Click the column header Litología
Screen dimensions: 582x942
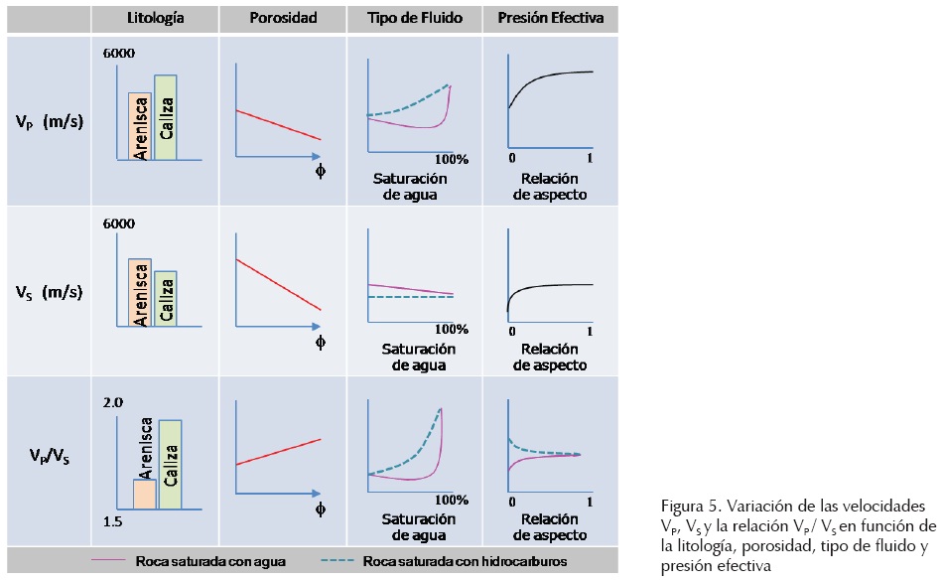pyautogui.click(x=156, y=19)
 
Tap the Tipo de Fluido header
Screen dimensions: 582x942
pyautogui.click(x=414, y=19)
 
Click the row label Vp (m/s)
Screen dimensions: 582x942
pyautogui.click(x=49, y=122)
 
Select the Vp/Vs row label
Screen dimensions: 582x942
pyautogui.click(x=49, y=457)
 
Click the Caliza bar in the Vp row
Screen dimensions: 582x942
pyautogui.click(x=166, y=116)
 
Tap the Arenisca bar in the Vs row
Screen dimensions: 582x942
pyautogui.click(x=140, y=293)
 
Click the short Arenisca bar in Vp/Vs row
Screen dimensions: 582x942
pyautogui.click(x=145, y=493)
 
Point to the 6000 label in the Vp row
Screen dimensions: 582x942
pyautogui.click(x=120, y=53)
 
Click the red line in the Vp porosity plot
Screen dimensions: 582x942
pyautogui.click(x=278, y=125)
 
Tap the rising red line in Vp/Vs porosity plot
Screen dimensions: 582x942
pyautogui.click(x=278, y=451)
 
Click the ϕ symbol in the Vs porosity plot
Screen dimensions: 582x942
pyautogui.click(x=321, y=343)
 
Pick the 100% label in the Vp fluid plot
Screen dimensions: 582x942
pyautogui.click(x=451, y=159)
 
